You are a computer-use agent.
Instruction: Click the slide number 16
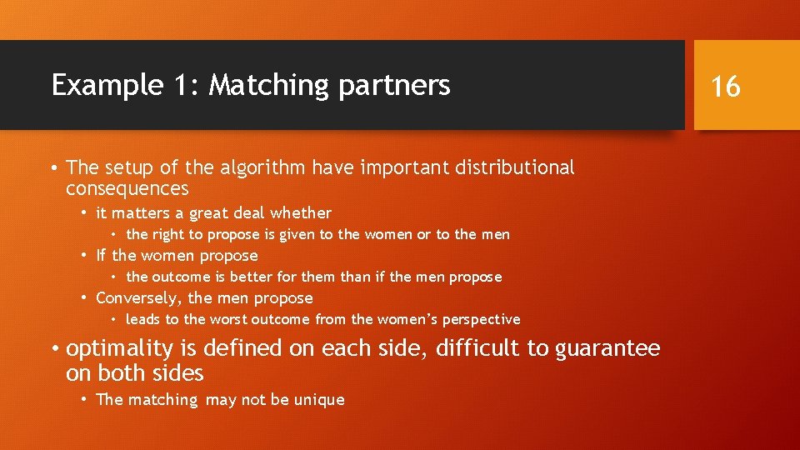point(727,85)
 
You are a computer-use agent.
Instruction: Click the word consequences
point(127,189)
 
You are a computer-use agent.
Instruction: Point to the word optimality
point(119,347)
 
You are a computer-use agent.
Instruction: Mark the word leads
point(143,319)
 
